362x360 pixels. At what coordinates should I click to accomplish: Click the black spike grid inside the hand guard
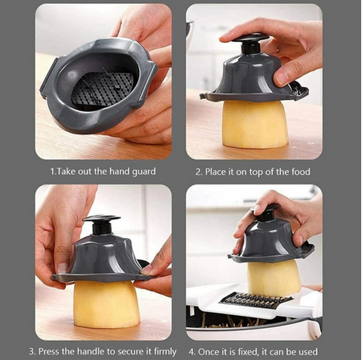click(x=102, y=88)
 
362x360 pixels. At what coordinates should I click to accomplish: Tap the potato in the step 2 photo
click(x=254, y=125)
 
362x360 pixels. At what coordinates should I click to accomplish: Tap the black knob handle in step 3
click(x=102, y=223)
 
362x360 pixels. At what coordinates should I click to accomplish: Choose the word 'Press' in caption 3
click(x=50, y=352)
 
